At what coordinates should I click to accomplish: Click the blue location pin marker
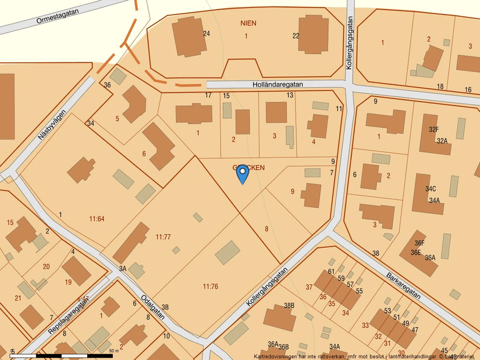(x=243, y=173)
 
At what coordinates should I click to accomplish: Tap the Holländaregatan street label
(x=278, y=84)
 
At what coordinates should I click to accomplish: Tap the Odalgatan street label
(x=152, y=306)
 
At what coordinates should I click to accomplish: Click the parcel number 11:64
(x=97, y=219)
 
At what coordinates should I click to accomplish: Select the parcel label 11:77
(x=163, y=237)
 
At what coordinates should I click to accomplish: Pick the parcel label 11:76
(x=210, y=286)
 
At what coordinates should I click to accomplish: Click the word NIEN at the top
(x=248, y=23)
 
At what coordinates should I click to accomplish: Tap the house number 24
(x=206, y=34)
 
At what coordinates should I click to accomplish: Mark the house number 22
(x=296, y=36)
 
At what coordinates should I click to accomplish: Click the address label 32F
(x=434, y=129)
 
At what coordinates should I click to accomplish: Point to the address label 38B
(x=289, y=305)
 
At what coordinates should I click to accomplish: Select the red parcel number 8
(x=266, y=229)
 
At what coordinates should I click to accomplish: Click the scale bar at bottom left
(x=61, y=354)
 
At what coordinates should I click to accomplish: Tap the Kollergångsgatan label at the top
(x=350, y=44)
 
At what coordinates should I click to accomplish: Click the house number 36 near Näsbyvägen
(x=107, y=85)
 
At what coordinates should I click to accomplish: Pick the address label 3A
(x=123, y=269)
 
